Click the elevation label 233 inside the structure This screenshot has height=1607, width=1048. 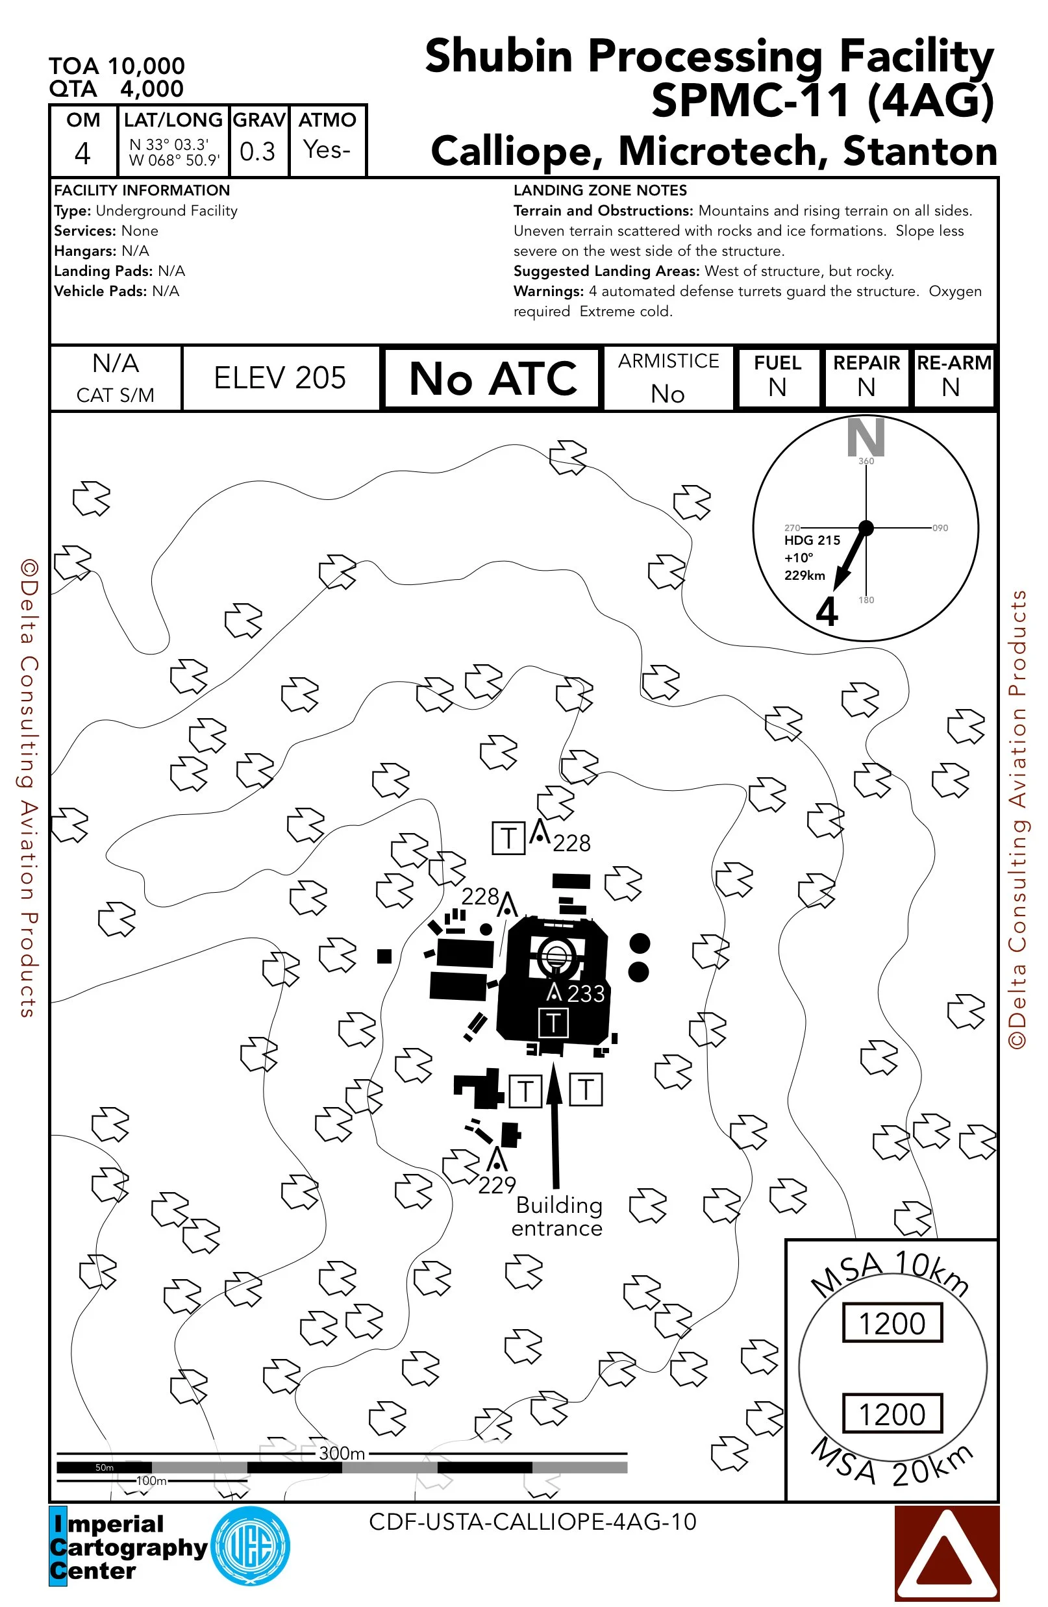click(x=585, y=994)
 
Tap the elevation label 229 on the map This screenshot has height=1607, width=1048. click(x=496, y=1185)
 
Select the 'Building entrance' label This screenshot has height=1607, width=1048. click(x=557, y=1216)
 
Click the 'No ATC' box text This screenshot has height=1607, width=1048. click(x=492, y=379)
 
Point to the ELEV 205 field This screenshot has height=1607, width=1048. click(x=280, y=378)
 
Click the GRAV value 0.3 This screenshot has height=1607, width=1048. click(x=257, y=152)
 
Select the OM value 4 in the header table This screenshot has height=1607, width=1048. click(x=82, y=153)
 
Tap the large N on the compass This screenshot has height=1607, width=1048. click(x=866, y=437)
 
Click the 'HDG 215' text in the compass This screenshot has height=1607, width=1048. click(x=812, y=540)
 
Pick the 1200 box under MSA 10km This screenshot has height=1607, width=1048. click(x=892, y=1323)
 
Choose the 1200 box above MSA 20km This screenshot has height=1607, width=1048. click(x=892, y=1414)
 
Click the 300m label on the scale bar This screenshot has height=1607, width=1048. click(x=342, y=1452)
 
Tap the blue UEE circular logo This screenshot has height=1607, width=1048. click(x=251, y=1546)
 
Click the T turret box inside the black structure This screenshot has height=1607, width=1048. click(x=553, y=1022)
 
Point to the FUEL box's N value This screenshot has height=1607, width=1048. click(x=777, y=388)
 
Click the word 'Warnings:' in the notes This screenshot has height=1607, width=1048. click(x=548, y=291)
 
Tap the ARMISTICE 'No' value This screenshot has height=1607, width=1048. click(x=668, y=393)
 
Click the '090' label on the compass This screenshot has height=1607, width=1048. click(x=940, y=528)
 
